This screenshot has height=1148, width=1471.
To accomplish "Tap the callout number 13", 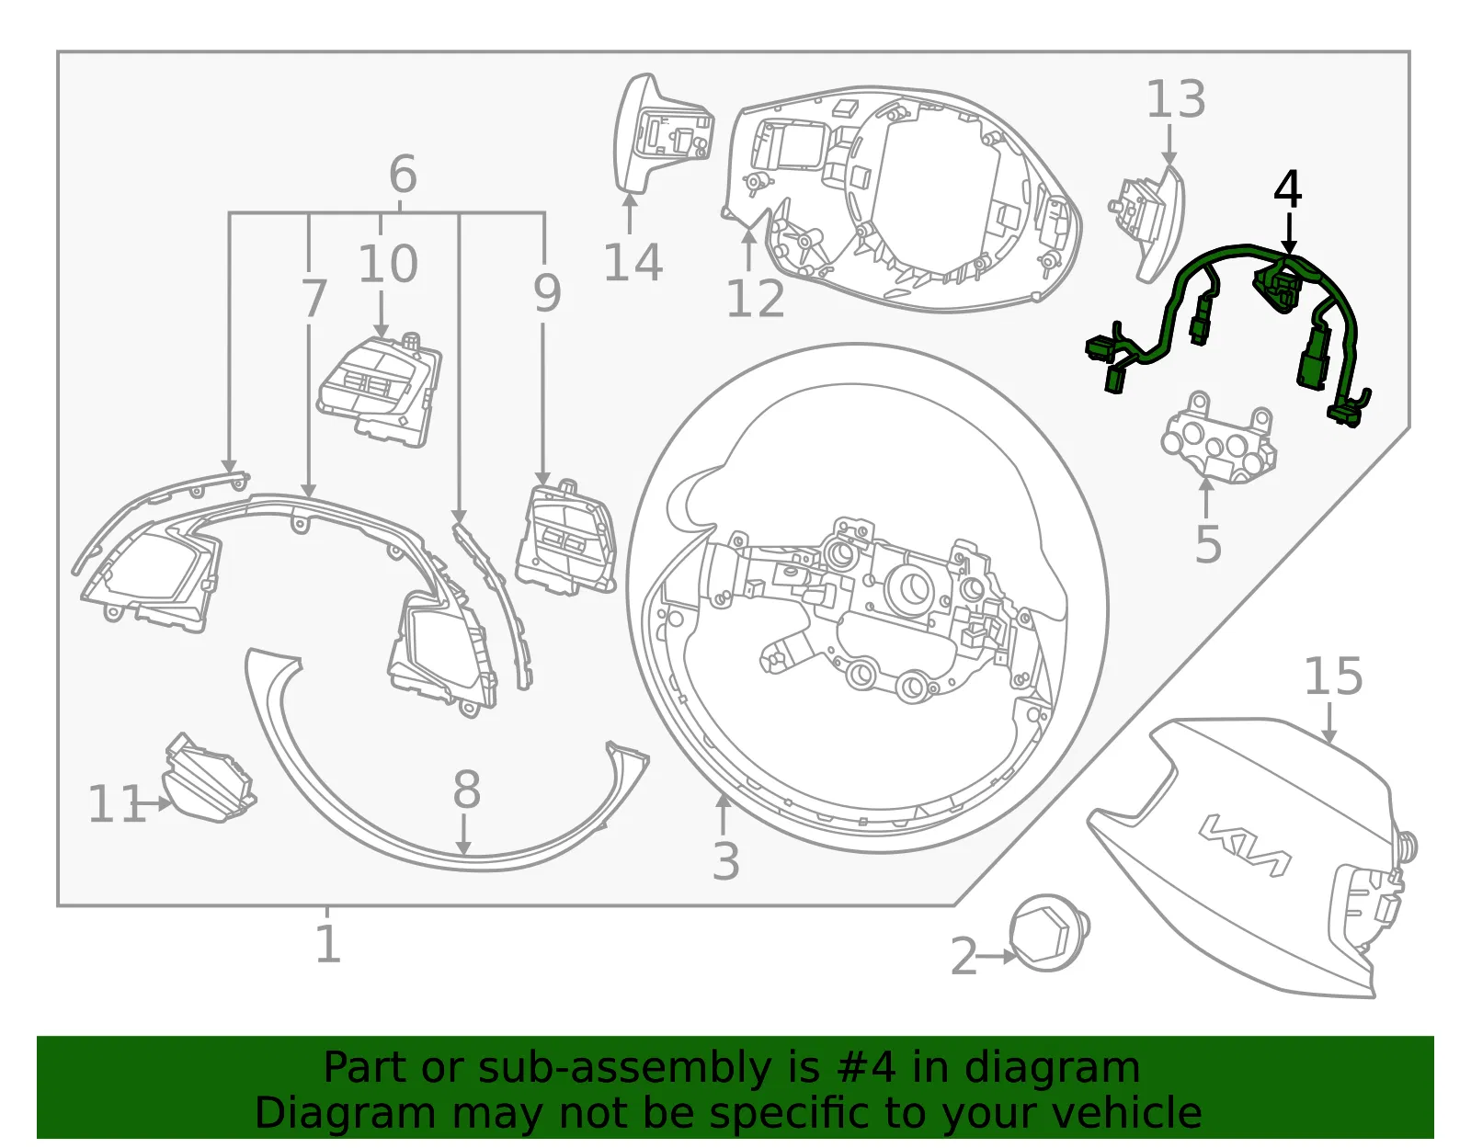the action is (1176, 99).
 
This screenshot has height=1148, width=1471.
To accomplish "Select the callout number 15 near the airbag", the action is (1333, 676).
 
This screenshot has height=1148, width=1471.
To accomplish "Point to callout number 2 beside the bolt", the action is (964, 956).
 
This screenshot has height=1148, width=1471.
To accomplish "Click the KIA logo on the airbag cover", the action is (1244, 847).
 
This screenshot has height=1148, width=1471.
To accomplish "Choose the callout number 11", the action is (117, 803).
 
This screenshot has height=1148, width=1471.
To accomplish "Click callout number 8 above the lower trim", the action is (466, 790).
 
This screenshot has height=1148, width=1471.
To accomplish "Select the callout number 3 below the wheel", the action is (725, 861).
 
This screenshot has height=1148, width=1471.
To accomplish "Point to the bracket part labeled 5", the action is (1218, 439).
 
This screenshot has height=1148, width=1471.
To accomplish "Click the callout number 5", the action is (1208, 543).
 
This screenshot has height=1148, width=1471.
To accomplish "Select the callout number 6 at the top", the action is (402, 174).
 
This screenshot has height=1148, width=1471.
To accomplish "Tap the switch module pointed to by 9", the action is (566, 538).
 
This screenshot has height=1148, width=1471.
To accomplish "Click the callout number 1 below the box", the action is (327, 944).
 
